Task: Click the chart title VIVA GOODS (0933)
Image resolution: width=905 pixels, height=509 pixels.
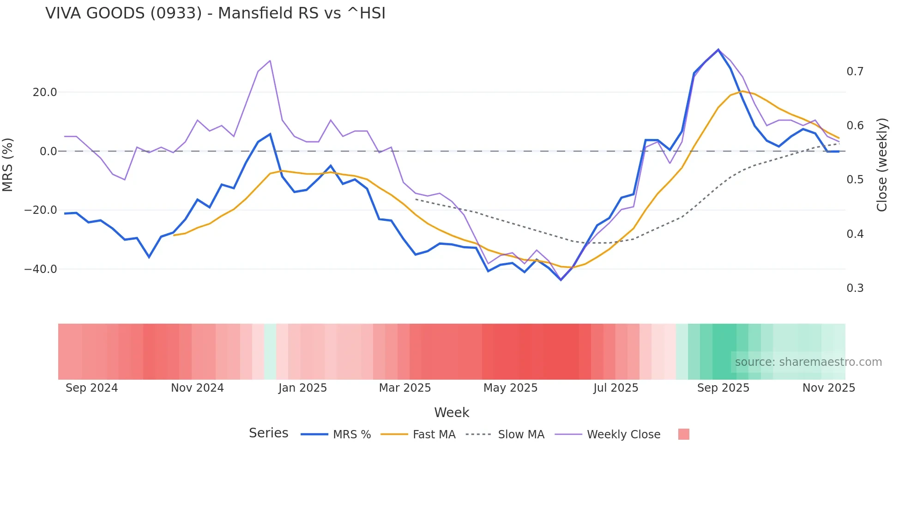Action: click(215, 13)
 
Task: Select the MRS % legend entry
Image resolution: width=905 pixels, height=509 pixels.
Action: click(336, 435)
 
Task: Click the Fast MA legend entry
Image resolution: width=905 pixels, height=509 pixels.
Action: click(418, 435)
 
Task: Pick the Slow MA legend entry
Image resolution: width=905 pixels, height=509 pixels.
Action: click(506, 435)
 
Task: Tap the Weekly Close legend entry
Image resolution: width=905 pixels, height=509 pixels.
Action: click(608, 435)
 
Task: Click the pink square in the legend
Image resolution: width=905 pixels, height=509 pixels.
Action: click(683, 434)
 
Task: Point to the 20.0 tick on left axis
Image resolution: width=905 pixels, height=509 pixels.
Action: click(45, 92)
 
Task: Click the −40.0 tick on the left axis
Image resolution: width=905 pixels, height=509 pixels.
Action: click(41, 269)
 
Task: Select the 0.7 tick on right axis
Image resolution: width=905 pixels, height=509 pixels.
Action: click(855, 72)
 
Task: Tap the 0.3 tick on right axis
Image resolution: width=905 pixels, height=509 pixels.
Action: click(855, 288)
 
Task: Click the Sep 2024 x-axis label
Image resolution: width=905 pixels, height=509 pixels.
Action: click(91, 388)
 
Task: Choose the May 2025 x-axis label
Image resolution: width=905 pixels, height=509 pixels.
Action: click(510, 388)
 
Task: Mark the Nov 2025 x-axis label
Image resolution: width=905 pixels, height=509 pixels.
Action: click(828, 388)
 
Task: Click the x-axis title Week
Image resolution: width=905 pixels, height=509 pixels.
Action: click(452, 412)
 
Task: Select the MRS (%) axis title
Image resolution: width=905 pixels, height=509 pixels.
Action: click(8, 164)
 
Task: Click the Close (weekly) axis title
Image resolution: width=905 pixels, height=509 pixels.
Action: click(881, 164)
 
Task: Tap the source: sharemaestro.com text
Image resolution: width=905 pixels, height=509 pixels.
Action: click(808, 362)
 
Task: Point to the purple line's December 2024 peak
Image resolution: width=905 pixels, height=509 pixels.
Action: click(270, 61)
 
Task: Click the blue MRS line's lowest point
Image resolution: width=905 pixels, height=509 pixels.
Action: click(561, 280)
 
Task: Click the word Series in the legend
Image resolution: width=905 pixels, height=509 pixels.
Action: click(268, 433)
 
